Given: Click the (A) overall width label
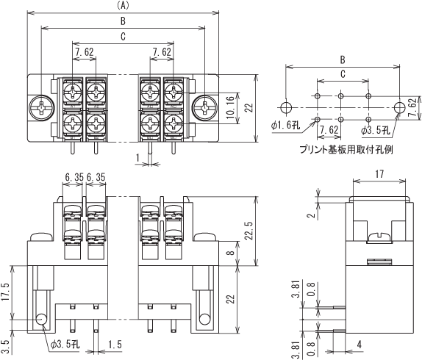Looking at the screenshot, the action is pos(123,6).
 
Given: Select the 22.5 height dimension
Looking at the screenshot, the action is pos(249,231).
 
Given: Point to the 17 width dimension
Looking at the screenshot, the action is pos(379,174).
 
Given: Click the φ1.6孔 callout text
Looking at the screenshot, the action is pos(285,126).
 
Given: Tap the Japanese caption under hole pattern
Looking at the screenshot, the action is pos(346,149).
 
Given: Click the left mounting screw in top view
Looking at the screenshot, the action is pos(42,107).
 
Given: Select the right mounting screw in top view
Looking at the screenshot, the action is pos(205,107).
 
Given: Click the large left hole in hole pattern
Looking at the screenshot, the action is pos(286,107).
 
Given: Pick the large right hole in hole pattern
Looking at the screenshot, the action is pos(399,107).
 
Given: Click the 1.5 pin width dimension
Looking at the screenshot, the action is pos(115,345).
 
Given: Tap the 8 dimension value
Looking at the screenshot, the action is pos(232,253).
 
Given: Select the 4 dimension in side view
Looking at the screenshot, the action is pos(360,345).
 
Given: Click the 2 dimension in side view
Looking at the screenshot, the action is pos(312,215).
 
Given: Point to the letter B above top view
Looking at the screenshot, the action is pos(123,21).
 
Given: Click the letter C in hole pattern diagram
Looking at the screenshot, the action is pos(343,74).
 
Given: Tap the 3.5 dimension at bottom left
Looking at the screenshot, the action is pos(6,347).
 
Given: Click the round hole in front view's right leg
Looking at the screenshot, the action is pos(204,320).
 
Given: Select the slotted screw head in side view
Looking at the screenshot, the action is pos(379,237).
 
